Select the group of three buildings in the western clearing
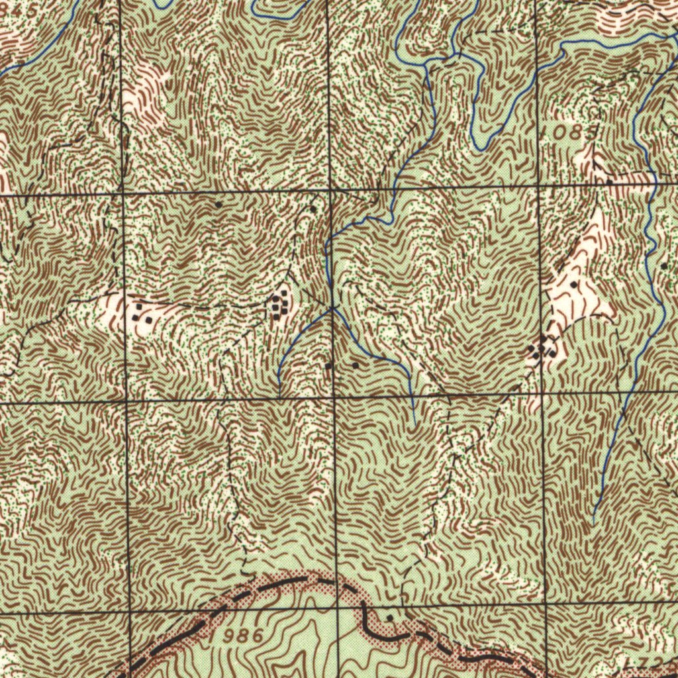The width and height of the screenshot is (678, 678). pos(140,313)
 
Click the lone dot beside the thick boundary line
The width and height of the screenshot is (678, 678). pos(389,617)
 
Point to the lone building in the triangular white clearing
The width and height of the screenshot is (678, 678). pos(573,284)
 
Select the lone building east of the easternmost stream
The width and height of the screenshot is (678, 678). pos(664,266)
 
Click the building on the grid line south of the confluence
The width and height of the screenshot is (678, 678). pos(328,365)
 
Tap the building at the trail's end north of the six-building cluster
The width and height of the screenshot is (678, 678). pos(313,208)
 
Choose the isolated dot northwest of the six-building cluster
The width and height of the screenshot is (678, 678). pos(218,205)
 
